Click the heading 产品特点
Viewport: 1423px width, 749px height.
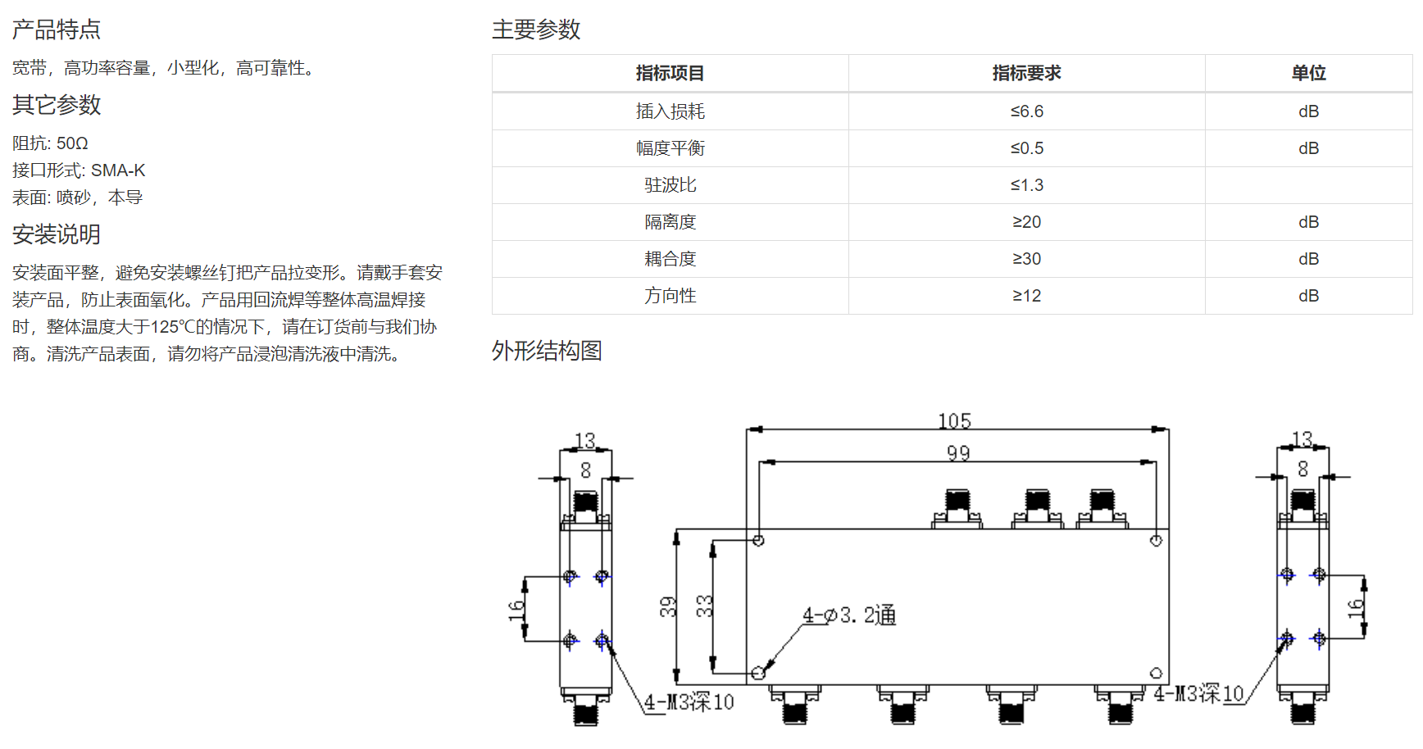coord(57,30)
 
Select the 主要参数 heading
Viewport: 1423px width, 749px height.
coord(536,30)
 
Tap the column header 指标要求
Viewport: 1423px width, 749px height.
coord(1026,73)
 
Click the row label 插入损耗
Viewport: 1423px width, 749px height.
coord(670,111)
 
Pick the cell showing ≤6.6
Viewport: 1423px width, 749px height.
coord(1026,111)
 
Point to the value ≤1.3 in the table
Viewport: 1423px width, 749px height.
coord(1026,185)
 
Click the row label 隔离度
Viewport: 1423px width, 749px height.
coord(670,222)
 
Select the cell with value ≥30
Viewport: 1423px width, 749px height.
coord(1026,259)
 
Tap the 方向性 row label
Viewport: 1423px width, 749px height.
coord(670,296)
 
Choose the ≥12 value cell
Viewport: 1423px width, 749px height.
coord(1026,296)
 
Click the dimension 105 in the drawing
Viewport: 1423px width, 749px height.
coord(955,421)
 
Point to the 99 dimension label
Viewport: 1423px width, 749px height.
coord(958,453)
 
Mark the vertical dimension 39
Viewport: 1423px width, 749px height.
coord(668,606)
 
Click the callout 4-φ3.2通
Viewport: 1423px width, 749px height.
coord(849,615)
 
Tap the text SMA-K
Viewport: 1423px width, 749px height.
coord(118,170)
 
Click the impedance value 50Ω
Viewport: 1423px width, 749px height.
coord(72,143)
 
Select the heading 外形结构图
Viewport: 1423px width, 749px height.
coord(547,351)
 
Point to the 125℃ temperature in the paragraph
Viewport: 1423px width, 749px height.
coord(171,327)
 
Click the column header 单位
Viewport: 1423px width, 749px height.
coord(1308,73)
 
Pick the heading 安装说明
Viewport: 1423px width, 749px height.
coord(57,234)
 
